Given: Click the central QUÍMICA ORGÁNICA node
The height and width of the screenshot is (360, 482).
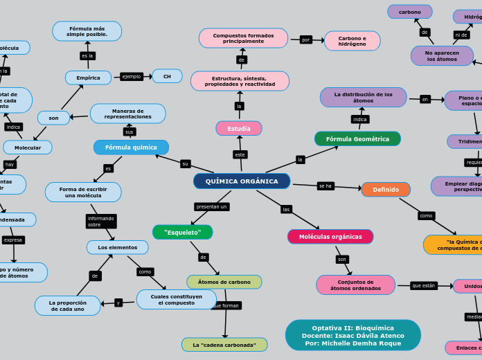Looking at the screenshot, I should coord(242,181).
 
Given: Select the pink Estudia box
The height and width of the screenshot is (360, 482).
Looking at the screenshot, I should coord(239,129).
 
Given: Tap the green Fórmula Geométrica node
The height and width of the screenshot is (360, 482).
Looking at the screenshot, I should coord(357,139).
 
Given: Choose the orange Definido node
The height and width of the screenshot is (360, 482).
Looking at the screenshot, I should coord(386,190).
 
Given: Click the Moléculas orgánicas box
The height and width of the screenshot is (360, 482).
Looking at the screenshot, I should coord(330,237).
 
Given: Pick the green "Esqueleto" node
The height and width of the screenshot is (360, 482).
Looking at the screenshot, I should coord(183,233).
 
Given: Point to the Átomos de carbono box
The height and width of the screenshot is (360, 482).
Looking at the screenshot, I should coord(224,282).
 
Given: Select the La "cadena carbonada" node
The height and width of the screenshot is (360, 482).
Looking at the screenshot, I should coord(224,345).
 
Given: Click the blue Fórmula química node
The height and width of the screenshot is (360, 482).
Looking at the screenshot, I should coord(131,147).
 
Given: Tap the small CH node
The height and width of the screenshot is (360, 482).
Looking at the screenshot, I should coord(167,76).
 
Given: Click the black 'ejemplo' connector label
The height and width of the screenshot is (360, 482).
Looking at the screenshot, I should coord(131,77).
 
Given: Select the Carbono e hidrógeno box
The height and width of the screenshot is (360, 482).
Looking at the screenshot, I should coord(352,41).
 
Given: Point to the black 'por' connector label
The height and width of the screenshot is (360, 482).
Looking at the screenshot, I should coord(306,39).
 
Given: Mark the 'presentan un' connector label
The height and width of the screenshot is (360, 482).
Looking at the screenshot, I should coord(212,206).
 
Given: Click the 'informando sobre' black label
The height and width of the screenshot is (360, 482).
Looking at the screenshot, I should coord(101,222).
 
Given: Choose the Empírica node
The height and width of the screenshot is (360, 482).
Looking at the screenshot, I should coord(88,78).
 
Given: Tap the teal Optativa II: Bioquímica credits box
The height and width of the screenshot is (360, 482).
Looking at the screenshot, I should coord(352,335).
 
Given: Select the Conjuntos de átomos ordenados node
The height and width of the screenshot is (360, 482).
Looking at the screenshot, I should coord(355,285).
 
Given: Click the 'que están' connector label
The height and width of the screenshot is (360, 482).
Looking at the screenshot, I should coord(424,285).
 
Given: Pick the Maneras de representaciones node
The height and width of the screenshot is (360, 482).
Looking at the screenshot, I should coord(128,114).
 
